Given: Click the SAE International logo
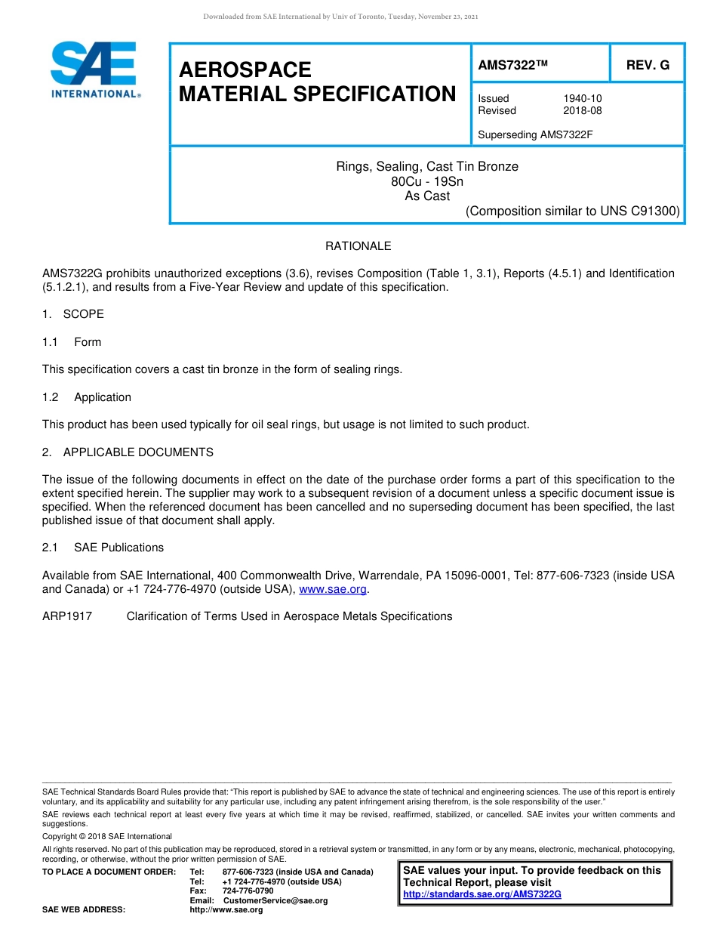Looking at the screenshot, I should [x=94, y=70].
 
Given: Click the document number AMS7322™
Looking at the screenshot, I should [x=512, y=66].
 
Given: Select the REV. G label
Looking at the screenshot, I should [x=648, y=66].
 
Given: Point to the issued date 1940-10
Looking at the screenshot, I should [x=582, y=98].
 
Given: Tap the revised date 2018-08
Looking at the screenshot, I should [x=582, y=110].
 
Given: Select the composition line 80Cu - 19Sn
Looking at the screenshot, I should [x=427, y=181].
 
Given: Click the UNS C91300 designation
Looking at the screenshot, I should [x=639, y=211].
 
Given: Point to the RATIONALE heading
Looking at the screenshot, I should [x=358, y=246].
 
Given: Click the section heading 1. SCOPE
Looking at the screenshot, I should [x=73, y=314].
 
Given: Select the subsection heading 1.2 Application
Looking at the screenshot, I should [x=88, y=397].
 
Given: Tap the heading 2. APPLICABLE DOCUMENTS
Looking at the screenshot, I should [x=128, y=452].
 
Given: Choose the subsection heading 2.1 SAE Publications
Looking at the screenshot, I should [x=103, y=548].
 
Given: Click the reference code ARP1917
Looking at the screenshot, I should [x=67, y=616].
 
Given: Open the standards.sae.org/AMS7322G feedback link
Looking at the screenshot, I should [x=482, y=894].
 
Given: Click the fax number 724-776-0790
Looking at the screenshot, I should [x=248, y=891].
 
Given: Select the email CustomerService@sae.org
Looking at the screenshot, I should [x=275, y=900].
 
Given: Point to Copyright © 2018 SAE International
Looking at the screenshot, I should [x=107, y=836].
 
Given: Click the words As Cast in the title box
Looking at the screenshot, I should [x=427, y=196].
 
